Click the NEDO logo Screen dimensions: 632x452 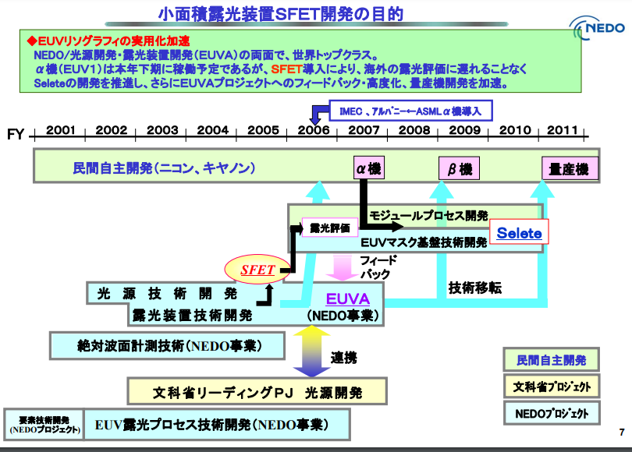tap(598, 28)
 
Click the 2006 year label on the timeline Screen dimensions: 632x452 tap(313, 130)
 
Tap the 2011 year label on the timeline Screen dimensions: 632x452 tap(563, 130)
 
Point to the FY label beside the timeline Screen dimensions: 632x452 tap(16, 134)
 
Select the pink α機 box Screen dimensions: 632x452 tap(369, 168)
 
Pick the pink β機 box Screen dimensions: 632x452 tap(459, 168)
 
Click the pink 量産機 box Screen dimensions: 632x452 tap(570, 168)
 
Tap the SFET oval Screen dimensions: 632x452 tap(257, 270)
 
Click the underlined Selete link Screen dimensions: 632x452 tap(519, 233)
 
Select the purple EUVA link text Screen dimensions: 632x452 tap(347, 299)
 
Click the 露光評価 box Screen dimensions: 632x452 tap(330, 228)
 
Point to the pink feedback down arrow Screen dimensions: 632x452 tap(342, 267)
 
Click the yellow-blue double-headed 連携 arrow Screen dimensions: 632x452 tap(311, 351)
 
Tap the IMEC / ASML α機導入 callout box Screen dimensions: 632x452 tap(410, 111)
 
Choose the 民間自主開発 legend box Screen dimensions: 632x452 tap(552, 360)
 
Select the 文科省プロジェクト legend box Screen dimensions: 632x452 tap(552, 387)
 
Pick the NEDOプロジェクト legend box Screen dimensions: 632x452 tap(552, 413)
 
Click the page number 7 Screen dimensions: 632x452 tap(622, 432)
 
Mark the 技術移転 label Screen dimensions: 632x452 tap(475, 288)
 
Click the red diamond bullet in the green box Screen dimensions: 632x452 tap(31, 41)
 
